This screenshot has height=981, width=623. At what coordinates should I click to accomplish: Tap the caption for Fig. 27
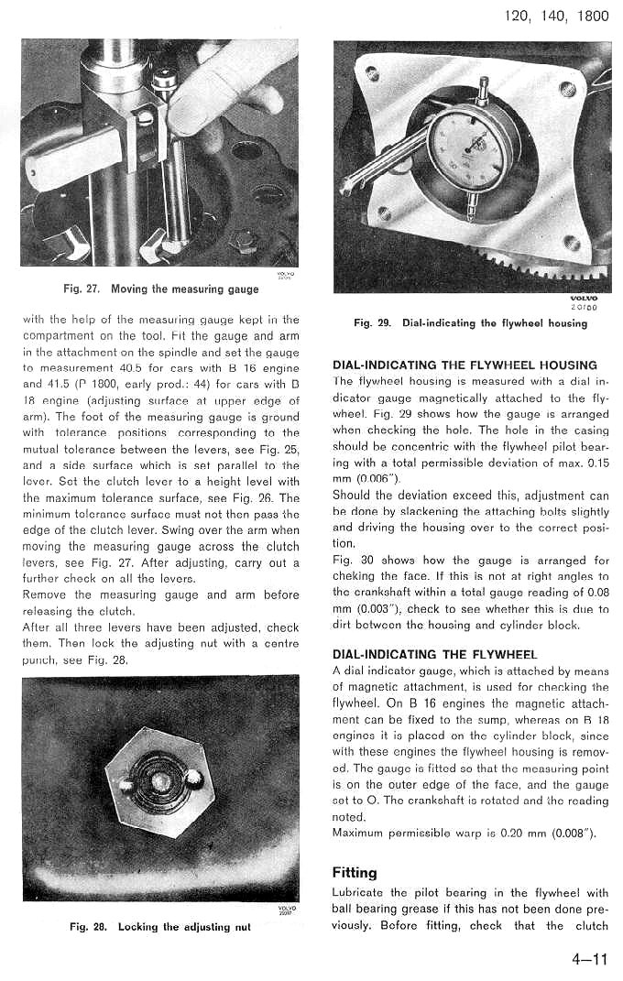pos(160,289)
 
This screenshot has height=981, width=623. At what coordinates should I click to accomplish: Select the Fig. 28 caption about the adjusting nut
pos(160,927)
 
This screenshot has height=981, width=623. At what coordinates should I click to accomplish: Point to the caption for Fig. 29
pos(470,322)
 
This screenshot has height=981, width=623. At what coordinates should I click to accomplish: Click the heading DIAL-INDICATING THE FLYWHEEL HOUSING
pos(465,365)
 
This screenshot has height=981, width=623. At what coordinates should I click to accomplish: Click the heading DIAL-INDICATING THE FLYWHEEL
pos(435,654)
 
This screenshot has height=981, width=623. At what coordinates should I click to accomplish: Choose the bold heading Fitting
pos(355,873)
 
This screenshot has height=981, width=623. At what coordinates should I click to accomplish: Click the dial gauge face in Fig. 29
pos(473,147)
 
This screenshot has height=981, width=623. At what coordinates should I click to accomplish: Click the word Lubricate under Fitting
pos(358,893)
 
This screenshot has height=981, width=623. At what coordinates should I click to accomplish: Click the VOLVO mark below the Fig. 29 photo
pos(584,298)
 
